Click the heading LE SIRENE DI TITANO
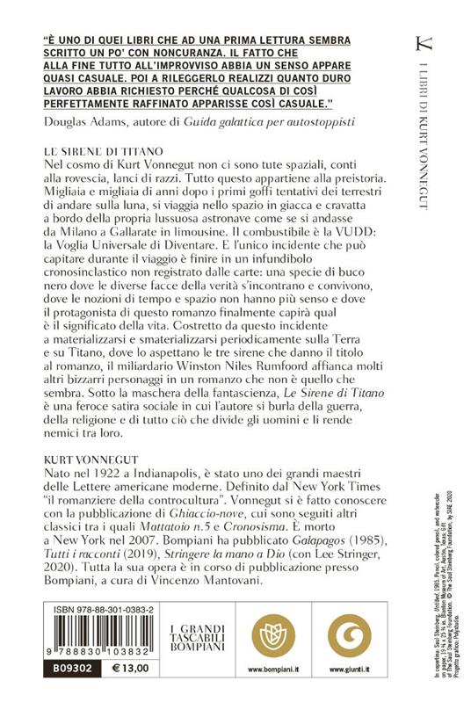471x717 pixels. [x=98, y=151]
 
